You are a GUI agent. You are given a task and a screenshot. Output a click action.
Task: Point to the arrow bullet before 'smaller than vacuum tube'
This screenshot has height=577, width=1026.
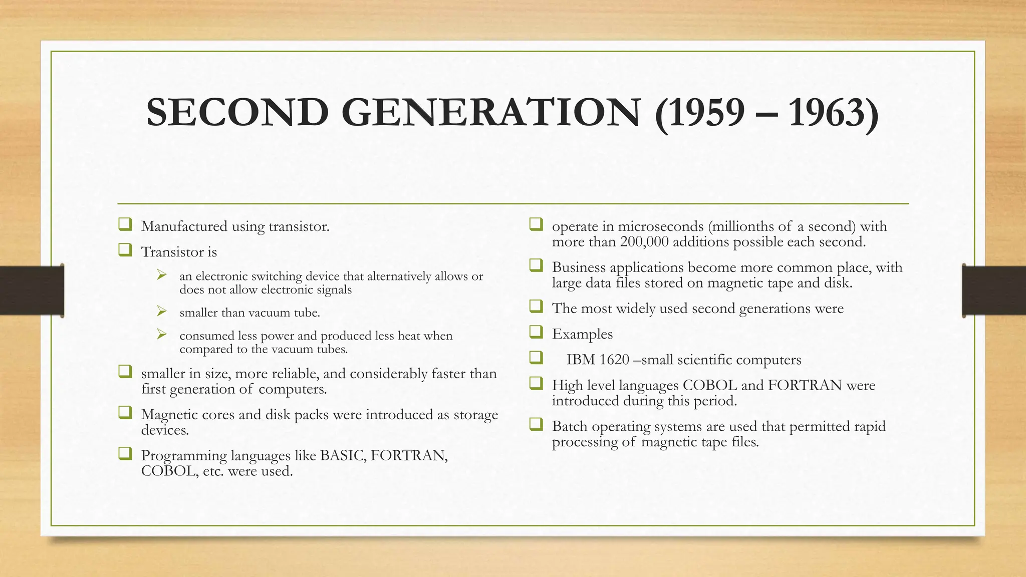[x=161, y=312]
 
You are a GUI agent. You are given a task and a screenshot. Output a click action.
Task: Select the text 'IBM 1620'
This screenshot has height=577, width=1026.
[x=597, y=360]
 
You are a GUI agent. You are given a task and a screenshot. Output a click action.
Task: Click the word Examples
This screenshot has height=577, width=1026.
[x=582, y=334]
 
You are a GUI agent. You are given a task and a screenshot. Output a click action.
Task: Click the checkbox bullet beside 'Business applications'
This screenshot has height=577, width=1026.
[x=536, y=265]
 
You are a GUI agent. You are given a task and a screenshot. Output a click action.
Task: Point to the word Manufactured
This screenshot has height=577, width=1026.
[x=184, y=226]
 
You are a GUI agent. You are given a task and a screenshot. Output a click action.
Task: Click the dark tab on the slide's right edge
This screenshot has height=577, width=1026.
[x=994, y=291]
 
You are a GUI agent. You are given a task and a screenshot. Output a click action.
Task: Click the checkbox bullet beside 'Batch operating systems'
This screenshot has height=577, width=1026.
[x=536, y=424]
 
